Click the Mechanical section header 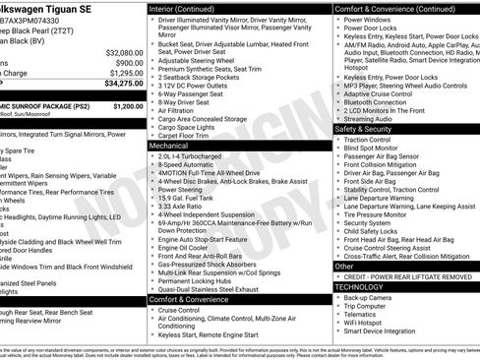click(169, 145)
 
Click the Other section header click(345, 266)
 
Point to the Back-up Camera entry click(372, 298)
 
